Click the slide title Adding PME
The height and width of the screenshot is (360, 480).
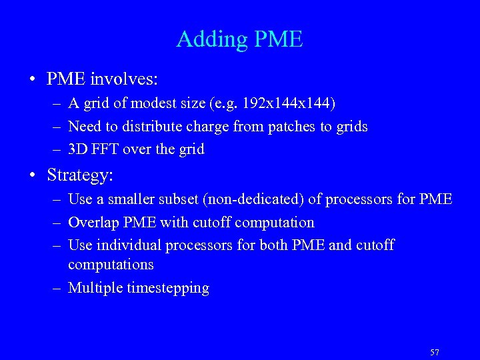point(239,39)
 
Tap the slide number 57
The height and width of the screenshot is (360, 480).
point(435,352)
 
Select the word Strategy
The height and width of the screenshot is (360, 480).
point(78,175)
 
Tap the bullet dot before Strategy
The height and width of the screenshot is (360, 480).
point(33,175)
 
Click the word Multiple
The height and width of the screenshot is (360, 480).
point(95,289)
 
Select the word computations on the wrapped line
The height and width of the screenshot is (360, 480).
point(111,265)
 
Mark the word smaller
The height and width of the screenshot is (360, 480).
point(127,199)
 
